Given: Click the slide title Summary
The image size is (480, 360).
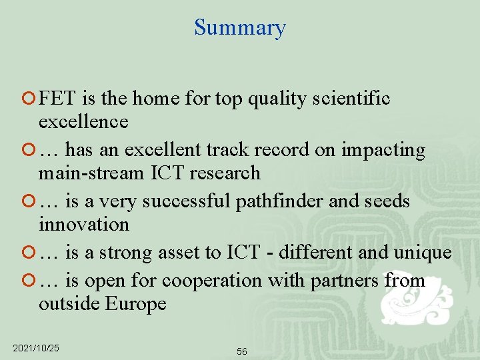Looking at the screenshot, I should point(240,27).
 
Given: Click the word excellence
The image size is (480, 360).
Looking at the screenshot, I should point(83,121).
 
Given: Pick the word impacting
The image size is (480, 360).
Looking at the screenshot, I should point(383,150).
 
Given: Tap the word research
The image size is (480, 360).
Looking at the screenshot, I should point(225,173).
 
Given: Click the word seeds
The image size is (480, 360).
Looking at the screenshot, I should point(386,201).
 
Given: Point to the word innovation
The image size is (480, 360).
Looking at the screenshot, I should point(83,224).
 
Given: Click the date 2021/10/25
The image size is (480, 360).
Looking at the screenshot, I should point(36,348).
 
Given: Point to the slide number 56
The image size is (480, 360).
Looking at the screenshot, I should point(241,351).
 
